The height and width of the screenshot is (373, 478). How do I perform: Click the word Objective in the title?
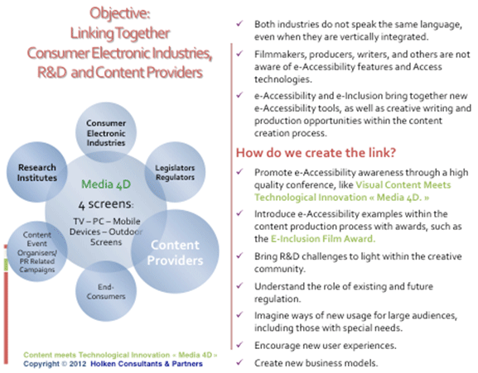(120, 13)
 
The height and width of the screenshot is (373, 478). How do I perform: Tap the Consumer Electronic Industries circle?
(106, 132)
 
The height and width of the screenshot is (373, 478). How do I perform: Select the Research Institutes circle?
(37, 172)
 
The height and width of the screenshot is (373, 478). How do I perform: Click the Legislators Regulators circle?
(175, 172)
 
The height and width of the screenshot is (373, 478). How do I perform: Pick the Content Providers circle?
(175, 251)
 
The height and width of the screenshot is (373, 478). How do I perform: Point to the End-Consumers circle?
(106, 291)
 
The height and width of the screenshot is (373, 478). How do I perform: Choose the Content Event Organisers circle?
(37, 251)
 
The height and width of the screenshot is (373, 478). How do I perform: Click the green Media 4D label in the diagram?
(106, 184)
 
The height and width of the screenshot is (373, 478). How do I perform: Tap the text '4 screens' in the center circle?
(106, 204)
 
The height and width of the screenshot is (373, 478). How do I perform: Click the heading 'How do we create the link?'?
(316, 152)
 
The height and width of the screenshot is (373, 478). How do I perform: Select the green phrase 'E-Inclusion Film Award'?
(323, 238)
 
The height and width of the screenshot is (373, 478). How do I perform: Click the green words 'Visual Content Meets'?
(403, 184)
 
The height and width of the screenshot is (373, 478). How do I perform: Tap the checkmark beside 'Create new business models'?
(240, 361)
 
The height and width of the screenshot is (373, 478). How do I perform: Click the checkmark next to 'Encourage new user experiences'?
(240, 344)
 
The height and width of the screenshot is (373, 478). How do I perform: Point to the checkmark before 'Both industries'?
(240, 23)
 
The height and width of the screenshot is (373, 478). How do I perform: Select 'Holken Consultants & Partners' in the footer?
(147, 364)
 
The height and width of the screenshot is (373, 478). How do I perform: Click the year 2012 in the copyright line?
(77, 364)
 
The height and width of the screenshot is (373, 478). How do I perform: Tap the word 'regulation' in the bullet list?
(278, 299)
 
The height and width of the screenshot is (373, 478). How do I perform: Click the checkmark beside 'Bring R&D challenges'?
(240, 255)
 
